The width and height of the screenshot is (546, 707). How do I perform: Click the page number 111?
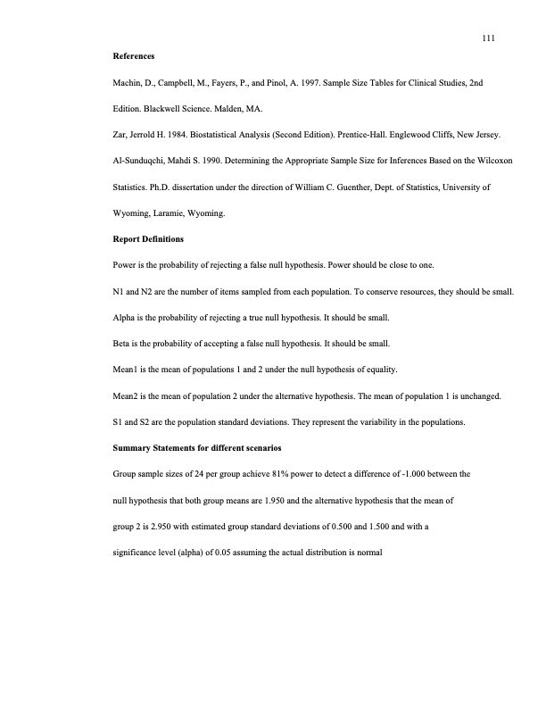[487, 38]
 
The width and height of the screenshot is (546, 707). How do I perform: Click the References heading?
[133, 56]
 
